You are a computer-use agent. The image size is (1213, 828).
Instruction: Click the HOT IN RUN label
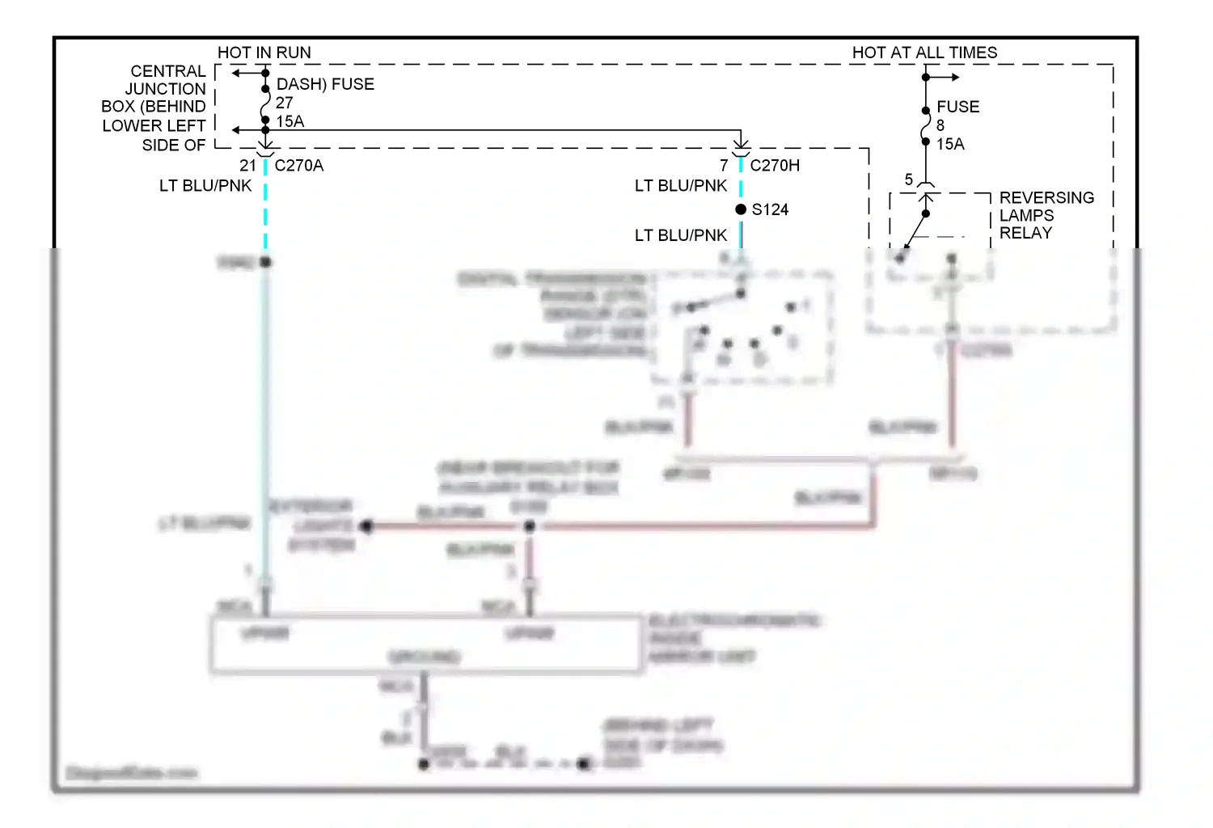pyautogui.click(x=264, y=53)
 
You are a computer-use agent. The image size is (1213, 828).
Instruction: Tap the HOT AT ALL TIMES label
pyautogui.click(x=924, y=53)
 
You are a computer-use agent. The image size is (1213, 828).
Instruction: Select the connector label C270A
pyautogui.click(x=298, y=166)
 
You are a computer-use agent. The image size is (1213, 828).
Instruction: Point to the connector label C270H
pyautogui.click(x=774, y=166)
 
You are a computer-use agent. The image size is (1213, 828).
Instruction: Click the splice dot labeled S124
pyautogui.click(x=741, y=209)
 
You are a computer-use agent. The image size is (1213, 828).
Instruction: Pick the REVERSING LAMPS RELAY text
pyautogui.click(x=1046, y=215)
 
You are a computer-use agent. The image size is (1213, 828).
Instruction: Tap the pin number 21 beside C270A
pyautogui.click(x=247, y=166)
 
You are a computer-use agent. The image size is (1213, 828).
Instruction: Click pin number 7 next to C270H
pyautogui.click(x=724, y=166)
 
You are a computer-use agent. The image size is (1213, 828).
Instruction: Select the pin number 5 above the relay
pyautogui.click(x=908, y=180)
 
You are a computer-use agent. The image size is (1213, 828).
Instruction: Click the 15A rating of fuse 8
pyautogui.click(x=950, y=144)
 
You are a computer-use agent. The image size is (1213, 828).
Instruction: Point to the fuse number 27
pyautogui.click(x=284, y=103)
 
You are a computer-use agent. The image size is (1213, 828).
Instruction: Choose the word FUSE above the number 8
pyautogui.click(x=957, y=107)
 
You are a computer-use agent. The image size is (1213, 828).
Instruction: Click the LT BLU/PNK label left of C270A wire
pyautogui.click(x=205, y=186)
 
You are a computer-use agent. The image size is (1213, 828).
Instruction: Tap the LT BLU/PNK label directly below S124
pyautogui.click(x=681, y=235)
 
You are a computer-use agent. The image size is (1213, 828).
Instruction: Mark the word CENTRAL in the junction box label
pyautogui.click(x=168, y=71)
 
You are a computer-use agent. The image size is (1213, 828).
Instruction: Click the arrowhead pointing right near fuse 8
pyautogui.click(x=955, y=78)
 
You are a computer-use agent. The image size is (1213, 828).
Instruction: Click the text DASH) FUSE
pyautogui.click(x=325, y=84)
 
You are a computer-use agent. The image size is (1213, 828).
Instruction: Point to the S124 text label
pyautogui.click(x=770, y=210)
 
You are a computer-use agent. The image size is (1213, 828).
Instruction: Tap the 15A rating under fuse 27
pyautogui.click(x=290, y=122)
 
